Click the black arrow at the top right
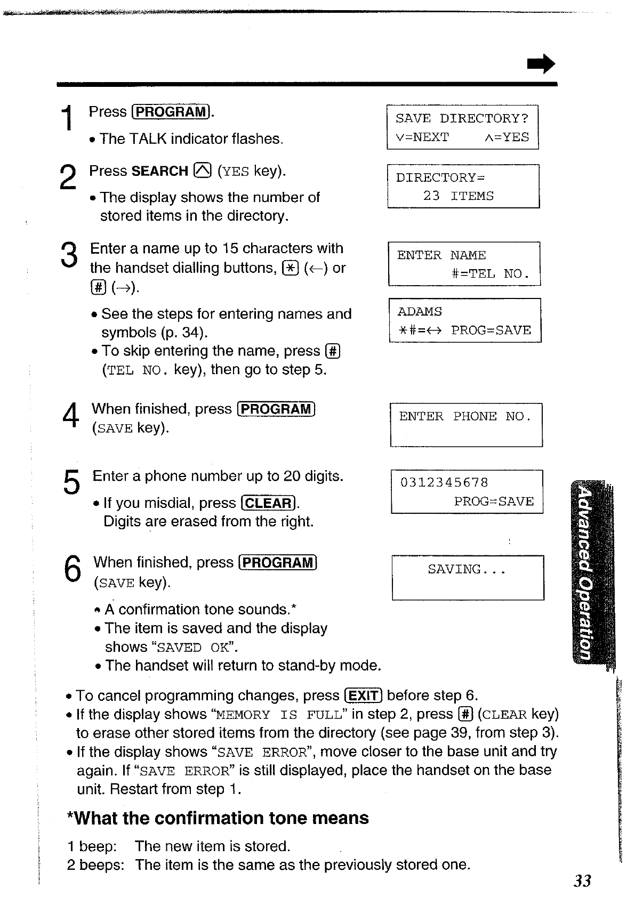pyautogui.click(x=541, y=64)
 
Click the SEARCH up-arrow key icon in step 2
pyautogui.click(x=203, y=171)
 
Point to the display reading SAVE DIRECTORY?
pyautogui.click(x=462, y=127)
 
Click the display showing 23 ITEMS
pyautogui.click(x=463, y=186)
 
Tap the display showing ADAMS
pyautogui.click(x=464, y=320)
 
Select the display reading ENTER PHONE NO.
pyautogui.click(x=466, y=424)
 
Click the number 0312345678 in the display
pyautogui.click(x=444, y=483)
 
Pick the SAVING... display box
pyautogui.click(x=468, y=578)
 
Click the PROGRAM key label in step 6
pyautogui.click(x=278, y=563)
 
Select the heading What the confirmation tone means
pyautogui.click(x=218, y=818)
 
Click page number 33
pyautogui.click(x=582, y=881)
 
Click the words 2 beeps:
pyautogui.click(x=95, y=864)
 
